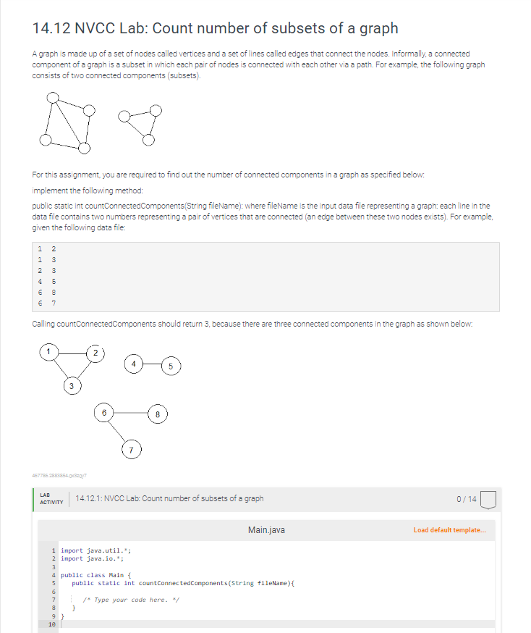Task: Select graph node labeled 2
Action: click(95, 352)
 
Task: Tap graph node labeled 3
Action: click(72, 386)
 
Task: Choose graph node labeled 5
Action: click(169, 365)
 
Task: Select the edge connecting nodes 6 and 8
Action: click(130, 413)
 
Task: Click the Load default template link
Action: click(449, 530)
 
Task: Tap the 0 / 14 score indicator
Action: click(467, 498)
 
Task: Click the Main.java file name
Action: click(265, 530)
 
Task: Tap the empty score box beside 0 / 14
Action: click(488, 499)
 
